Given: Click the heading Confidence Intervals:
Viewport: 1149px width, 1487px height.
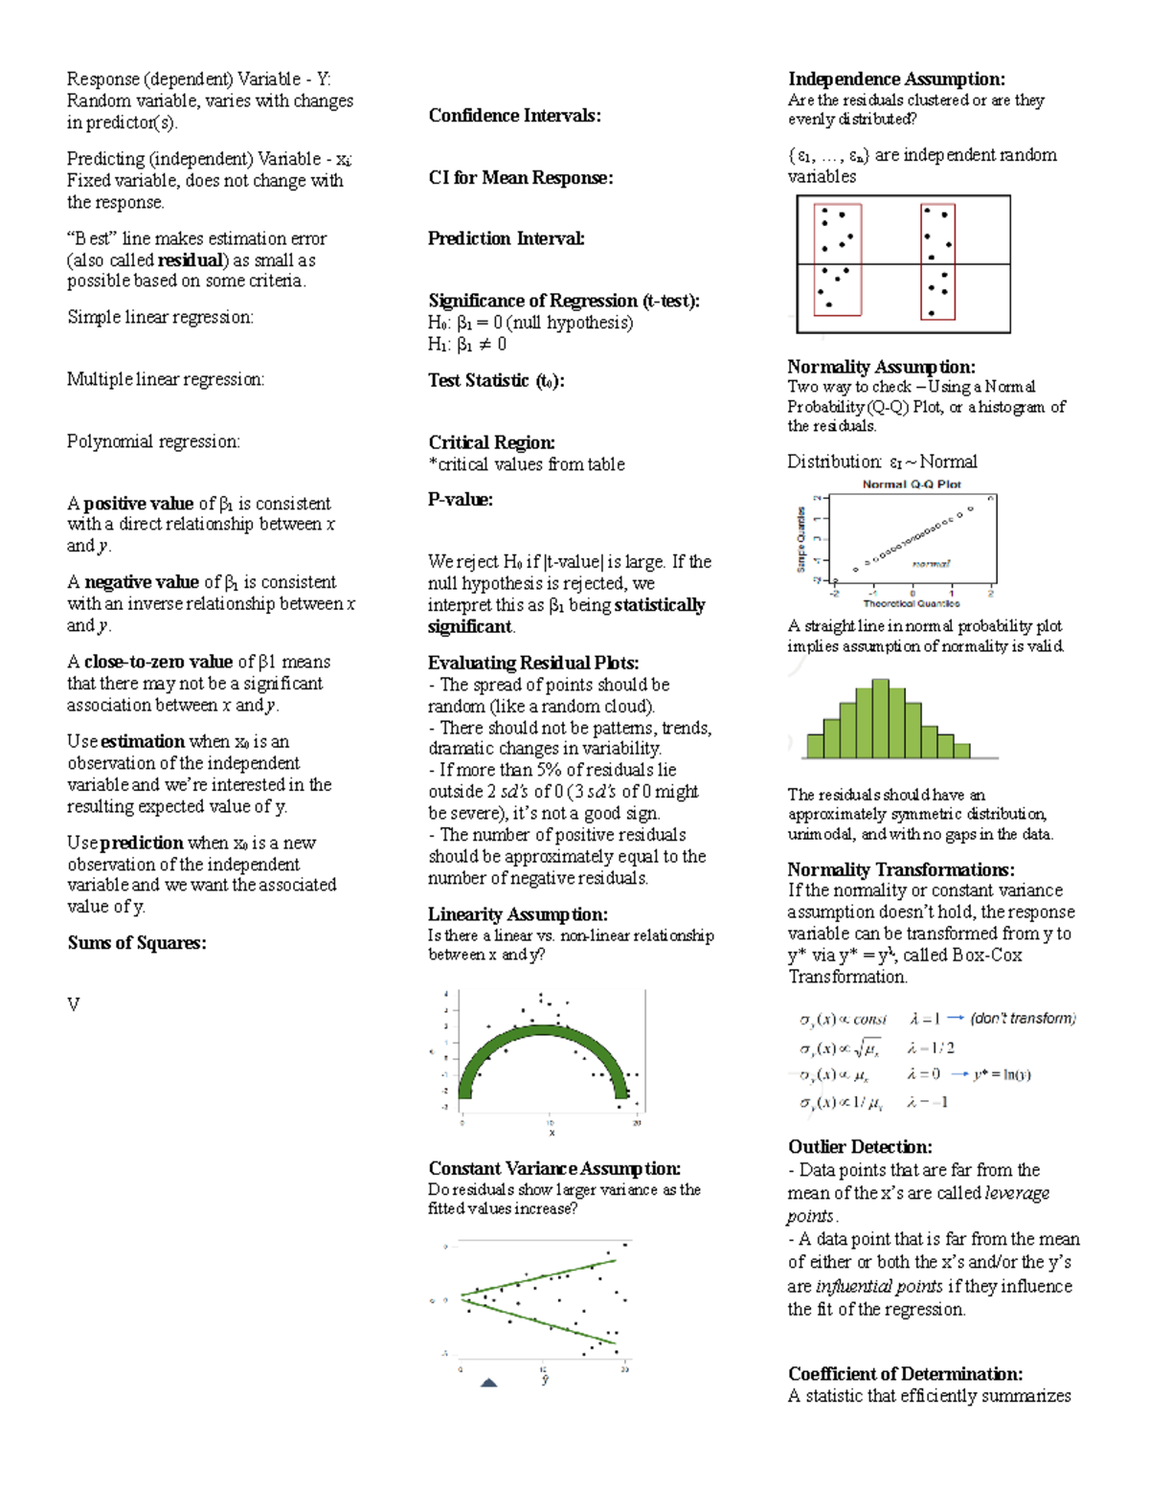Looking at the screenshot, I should (514, 116).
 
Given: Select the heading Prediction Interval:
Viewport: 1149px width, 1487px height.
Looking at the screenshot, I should (506, 238).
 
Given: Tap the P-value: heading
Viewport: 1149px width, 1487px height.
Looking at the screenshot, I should (461, 499).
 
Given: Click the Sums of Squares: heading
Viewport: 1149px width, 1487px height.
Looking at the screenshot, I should (136, 943).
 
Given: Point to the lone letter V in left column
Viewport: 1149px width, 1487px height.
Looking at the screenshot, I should (73, 1004).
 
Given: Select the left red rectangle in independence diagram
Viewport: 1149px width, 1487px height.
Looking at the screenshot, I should (837, 259).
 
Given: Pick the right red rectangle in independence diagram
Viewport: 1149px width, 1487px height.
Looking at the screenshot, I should (937, 260).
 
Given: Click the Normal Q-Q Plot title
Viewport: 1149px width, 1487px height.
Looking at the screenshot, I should (912, 484).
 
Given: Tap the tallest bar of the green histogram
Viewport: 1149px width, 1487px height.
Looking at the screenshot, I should (880, 718).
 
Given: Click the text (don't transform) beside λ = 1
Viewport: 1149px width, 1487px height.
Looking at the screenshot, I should (1023, 1019).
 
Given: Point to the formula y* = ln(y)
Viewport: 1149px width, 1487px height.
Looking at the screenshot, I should (1003, 1074).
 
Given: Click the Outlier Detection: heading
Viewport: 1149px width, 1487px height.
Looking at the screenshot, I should (859, 1147).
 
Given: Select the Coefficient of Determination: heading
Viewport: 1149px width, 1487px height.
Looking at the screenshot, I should (905, 1374).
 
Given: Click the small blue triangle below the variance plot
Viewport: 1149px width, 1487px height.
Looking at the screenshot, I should (488, 1382).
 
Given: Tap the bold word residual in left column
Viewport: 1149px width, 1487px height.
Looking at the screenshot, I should (191, 260).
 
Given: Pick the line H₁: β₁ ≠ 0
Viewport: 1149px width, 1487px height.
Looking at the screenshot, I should (467, 345).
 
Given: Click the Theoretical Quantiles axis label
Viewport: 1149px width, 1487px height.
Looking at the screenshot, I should (911, 603).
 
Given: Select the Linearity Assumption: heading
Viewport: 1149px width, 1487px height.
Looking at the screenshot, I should (517, 914).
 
